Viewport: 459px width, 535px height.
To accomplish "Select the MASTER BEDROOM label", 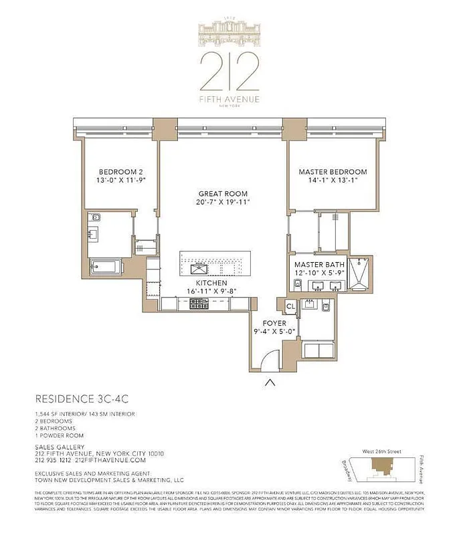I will [x=333, y=172].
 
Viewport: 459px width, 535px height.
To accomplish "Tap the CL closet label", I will [x=290, y=306].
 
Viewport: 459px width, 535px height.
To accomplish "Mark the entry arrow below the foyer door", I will [x=270, y=383].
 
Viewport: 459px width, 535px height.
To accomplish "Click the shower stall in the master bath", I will [x=365, y=273].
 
